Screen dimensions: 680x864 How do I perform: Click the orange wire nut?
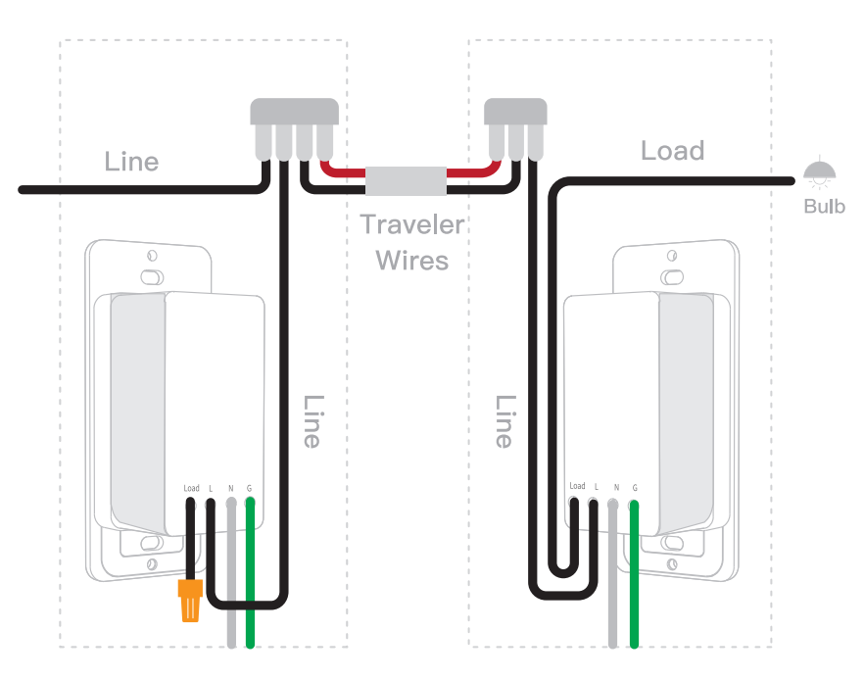click(189, 600)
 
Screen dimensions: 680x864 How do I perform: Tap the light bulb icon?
click(820, 174)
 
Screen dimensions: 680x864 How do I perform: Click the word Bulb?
click(824, 207)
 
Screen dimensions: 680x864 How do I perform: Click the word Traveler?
click(411, 224)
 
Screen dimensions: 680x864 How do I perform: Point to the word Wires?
click(412, 261)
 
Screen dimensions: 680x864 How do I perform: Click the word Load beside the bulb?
click(672, 151)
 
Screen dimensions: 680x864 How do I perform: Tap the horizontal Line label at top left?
click(131, 162)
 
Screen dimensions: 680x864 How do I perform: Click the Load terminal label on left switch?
click(191, 488)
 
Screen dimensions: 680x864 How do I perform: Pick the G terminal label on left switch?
click(249, 488)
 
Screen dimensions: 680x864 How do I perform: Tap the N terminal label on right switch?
click(615, 487)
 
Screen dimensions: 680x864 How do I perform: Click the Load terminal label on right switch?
click(577, 486)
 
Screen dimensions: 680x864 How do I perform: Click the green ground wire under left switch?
click(251, 588)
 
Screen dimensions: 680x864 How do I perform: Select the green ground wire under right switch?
click(635, 588)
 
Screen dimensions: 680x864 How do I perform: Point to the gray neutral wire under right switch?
click(613, 588)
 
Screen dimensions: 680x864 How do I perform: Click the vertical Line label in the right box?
click(504, 421)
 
